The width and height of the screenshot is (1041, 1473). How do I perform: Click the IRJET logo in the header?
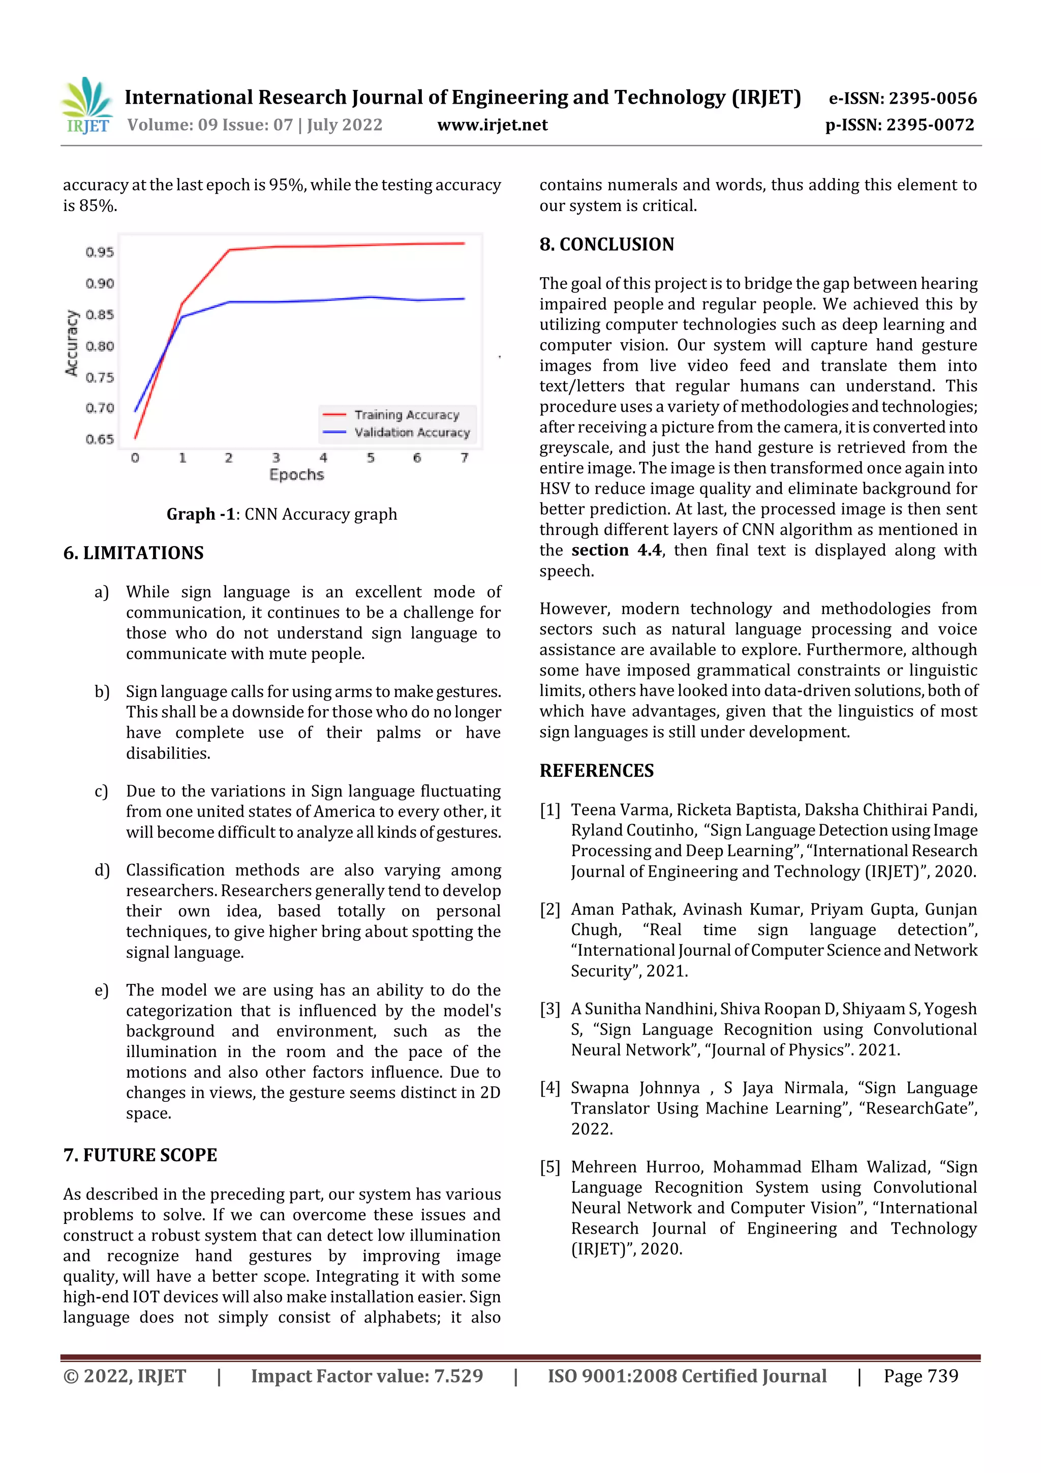click(86, 106)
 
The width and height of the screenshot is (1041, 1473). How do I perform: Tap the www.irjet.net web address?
click(492, 125)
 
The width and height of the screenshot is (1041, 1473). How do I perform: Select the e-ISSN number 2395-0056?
click(902, 98)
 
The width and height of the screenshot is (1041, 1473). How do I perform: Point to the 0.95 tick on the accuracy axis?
click(100, 252)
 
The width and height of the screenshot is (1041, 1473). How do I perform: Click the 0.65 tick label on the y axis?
click(100, 439)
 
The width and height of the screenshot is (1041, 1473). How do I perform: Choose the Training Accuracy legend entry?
click(407, 414)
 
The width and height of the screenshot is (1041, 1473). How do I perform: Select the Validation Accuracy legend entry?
click(412, 432)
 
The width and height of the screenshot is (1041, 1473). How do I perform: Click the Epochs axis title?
click(296, 475)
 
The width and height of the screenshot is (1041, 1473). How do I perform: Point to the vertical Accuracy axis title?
click(71, 343)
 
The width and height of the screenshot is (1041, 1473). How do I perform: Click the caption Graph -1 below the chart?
click(282, 515)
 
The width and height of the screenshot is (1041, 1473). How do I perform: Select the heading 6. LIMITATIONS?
click(133, 553)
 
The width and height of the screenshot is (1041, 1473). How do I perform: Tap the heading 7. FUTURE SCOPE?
click(140, 1155)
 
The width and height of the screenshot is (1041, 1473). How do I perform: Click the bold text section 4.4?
click(616, 551)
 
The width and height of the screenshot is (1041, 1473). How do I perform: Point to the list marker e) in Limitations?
click(101, 990)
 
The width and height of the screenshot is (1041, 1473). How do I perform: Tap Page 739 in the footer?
click(920, 1375)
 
